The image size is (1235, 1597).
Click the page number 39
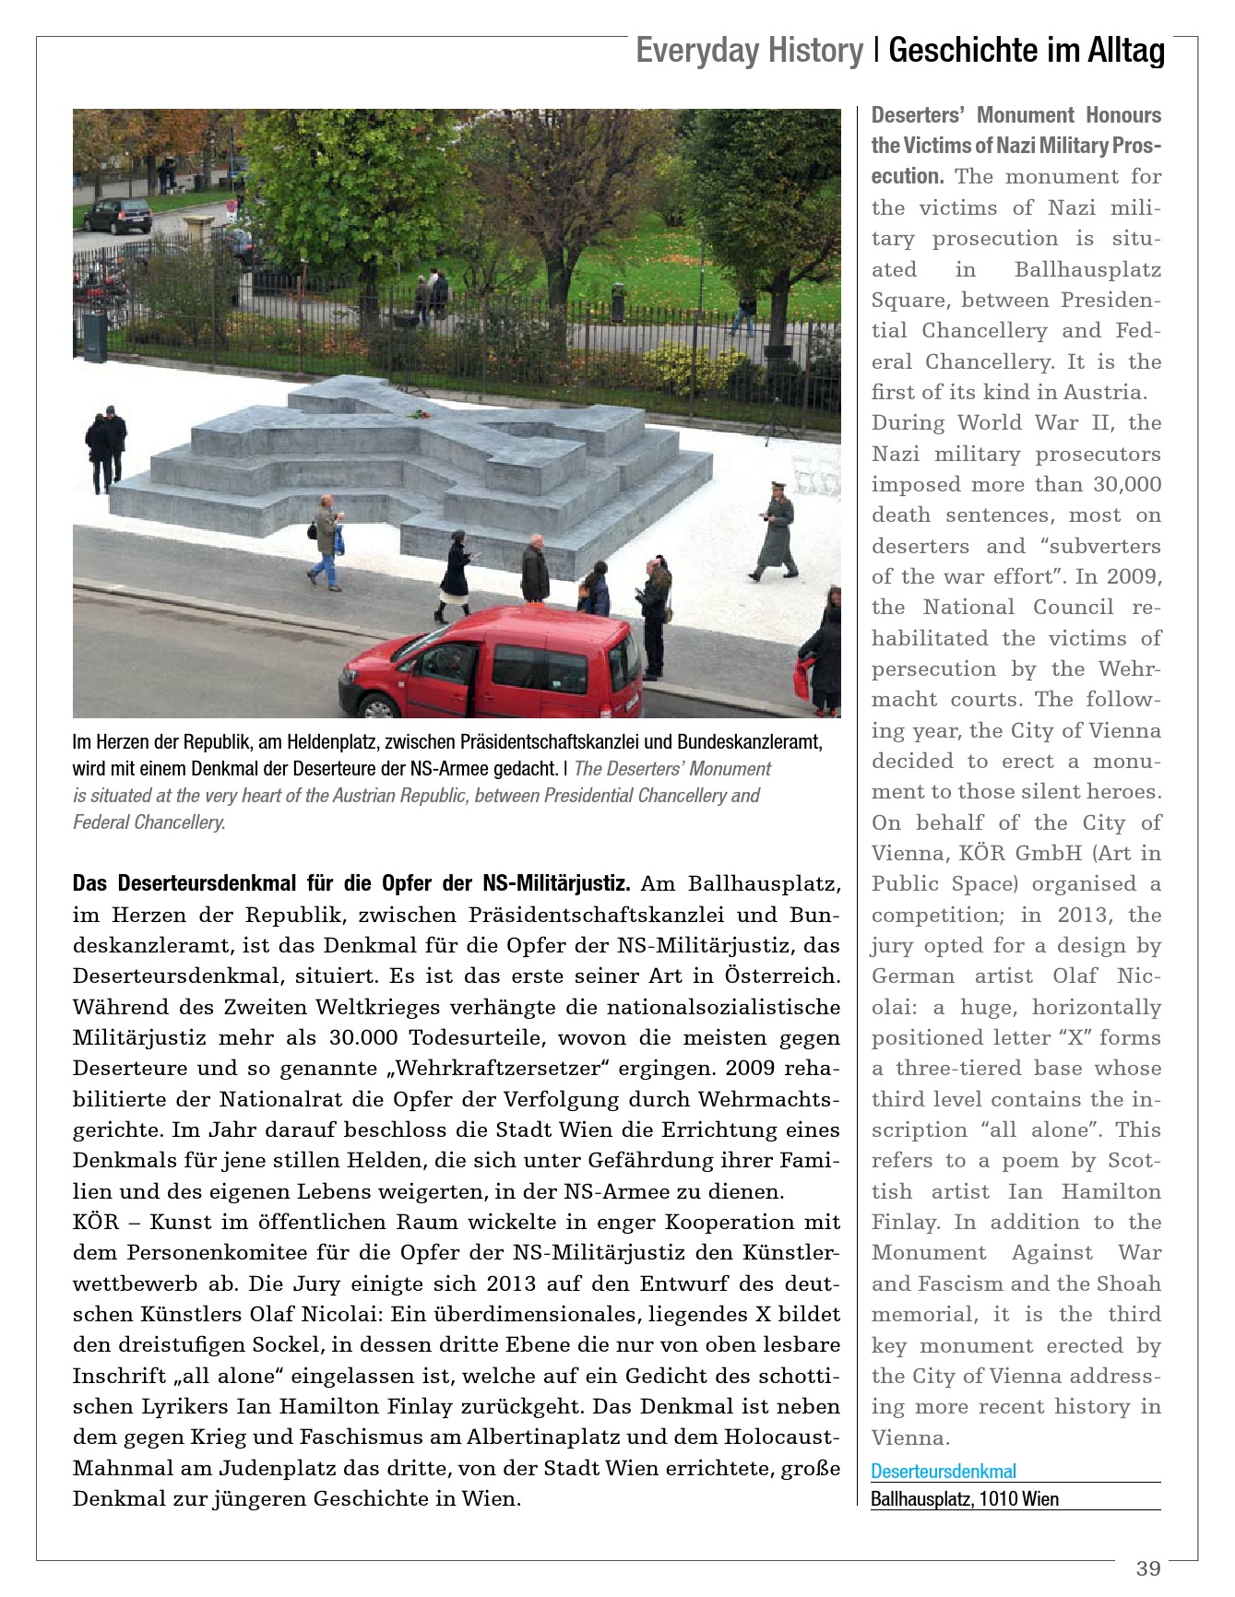(x=1147, y=1568)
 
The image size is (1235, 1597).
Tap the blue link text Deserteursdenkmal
(x=944, y=1472)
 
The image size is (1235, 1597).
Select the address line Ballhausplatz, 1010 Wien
(x=965, y=1499)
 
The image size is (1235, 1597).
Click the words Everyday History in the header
(x=749, y=51)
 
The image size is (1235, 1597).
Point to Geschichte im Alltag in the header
(x=1027, y=51)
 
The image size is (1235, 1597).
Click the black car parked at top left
(x=118, y=216)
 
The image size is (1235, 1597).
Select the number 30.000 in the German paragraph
(x=363, y=1038)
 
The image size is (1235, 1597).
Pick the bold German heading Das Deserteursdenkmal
(x=350, y=884)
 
